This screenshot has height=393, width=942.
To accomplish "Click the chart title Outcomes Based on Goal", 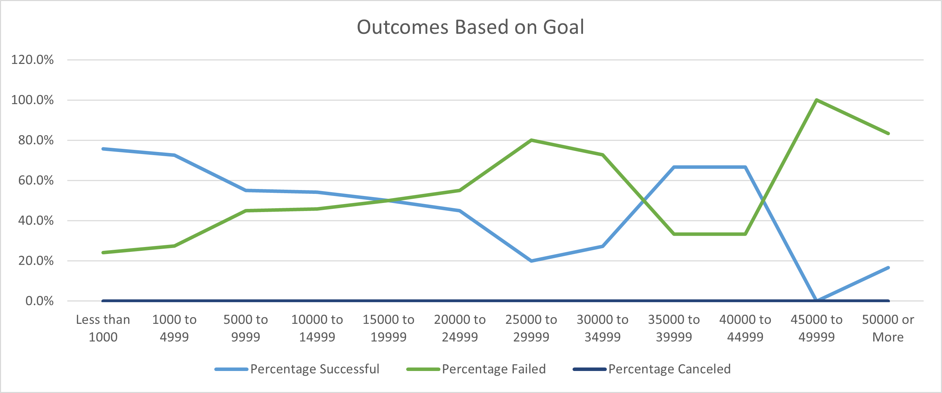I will point(470,27).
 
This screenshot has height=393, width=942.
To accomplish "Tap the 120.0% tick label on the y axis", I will point(32,60).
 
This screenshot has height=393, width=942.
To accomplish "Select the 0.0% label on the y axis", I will point(39,301).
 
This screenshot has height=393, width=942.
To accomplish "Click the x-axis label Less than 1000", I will point(103,328).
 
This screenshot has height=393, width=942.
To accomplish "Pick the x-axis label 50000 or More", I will point(887,328).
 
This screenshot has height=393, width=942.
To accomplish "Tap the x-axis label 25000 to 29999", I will point(531,328).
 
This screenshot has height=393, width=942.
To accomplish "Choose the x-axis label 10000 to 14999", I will point(317,328).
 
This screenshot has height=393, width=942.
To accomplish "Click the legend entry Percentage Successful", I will point(315,369).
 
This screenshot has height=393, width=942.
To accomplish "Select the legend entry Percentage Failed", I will point(493,369).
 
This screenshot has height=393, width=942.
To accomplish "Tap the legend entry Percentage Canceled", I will point(669,369).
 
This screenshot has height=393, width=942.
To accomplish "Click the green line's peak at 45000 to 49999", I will point(816,100).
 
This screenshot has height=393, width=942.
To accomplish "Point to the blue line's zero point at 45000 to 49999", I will point(816,300).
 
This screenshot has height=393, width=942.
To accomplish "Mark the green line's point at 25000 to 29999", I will point(531,140).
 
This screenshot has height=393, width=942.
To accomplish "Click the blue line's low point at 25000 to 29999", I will point(531,261).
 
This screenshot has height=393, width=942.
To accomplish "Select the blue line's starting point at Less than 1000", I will point(103,149).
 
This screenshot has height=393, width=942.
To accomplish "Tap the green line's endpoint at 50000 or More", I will point(888,133).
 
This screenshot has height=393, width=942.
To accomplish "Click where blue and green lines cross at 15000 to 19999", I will point(388,200).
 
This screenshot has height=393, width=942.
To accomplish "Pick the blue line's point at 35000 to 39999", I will point(674,167).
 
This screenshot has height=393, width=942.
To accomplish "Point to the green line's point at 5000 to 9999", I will point(246,211).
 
